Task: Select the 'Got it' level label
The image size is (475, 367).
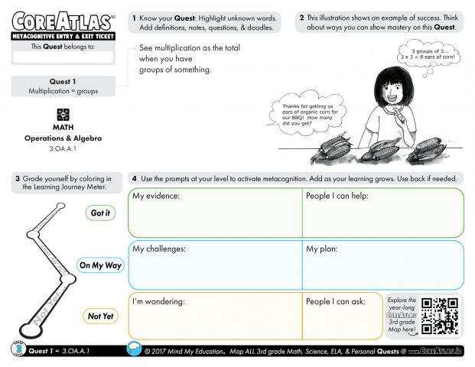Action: tap(100, 213)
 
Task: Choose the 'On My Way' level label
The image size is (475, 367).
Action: tap(100, 265)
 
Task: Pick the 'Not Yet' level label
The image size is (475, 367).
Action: tap(100, 316)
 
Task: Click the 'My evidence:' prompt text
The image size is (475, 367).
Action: tap(156, 196)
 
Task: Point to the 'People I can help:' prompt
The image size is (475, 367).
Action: tap(337, 196)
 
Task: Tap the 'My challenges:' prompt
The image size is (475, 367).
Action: tap(159, 249)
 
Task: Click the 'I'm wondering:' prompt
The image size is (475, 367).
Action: tap(159, 301)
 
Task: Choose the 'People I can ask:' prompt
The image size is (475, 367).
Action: tap(336, 301)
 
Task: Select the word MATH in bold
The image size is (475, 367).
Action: tap(63, 127)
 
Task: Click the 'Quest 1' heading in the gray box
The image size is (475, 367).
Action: tap(63, 82)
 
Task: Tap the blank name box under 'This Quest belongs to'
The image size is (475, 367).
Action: tap(63, 57)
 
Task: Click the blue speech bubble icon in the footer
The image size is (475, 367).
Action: tap(135, 349)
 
